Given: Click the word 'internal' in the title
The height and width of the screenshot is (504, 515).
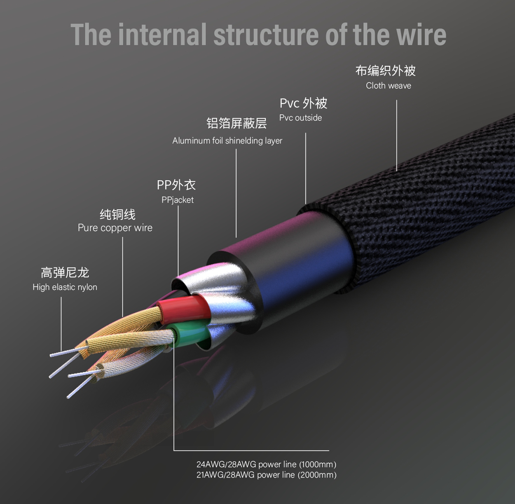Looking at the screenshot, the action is click(x=162, y=35).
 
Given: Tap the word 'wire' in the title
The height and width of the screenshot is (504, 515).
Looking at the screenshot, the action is click(x=421, y=35).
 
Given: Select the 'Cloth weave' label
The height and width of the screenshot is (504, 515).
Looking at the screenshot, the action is click(x=389, y=85).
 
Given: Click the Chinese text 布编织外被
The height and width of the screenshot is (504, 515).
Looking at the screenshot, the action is click(x=385, y=71).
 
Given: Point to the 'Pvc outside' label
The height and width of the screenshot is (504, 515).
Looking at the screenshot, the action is click(x=301, y=118).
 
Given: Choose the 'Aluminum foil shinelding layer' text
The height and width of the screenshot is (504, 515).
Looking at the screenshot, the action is click(x=227, y=141).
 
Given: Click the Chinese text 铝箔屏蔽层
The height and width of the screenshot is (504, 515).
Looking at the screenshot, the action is click(x=236, y=123).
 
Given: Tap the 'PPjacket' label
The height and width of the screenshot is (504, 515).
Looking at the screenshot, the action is click(x=178, y=200).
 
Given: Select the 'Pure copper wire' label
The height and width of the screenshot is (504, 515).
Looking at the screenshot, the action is click(x=115, y=228).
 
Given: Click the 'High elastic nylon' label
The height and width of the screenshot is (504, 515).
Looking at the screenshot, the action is click(x=65, y=287).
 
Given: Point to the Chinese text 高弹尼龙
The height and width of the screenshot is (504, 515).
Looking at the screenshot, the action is click(x=65, y=272).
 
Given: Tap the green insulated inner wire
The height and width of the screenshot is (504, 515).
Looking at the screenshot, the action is click(x=189, y=335).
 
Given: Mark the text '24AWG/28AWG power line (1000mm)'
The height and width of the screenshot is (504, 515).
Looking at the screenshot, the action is click(x=266, y=464).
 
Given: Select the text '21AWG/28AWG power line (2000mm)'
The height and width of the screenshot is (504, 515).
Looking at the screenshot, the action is click(x=266, y=475).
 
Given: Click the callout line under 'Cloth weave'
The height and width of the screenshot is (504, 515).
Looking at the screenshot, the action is click(x=396, y=136).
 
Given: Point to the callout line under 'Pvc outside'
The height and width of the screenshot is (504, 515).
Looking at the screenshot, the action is click(x=306, y=169).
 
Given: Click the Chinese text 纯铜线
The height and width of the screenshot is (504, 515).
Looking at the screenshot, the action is click(x=117, y=214).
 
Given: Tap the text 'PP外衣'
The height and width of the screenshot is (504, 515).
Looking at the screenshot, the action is click(x=176, y=185).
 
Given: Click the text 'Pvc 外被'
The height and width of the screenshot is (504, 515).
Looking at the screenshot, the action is click(x=303, y=103).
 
